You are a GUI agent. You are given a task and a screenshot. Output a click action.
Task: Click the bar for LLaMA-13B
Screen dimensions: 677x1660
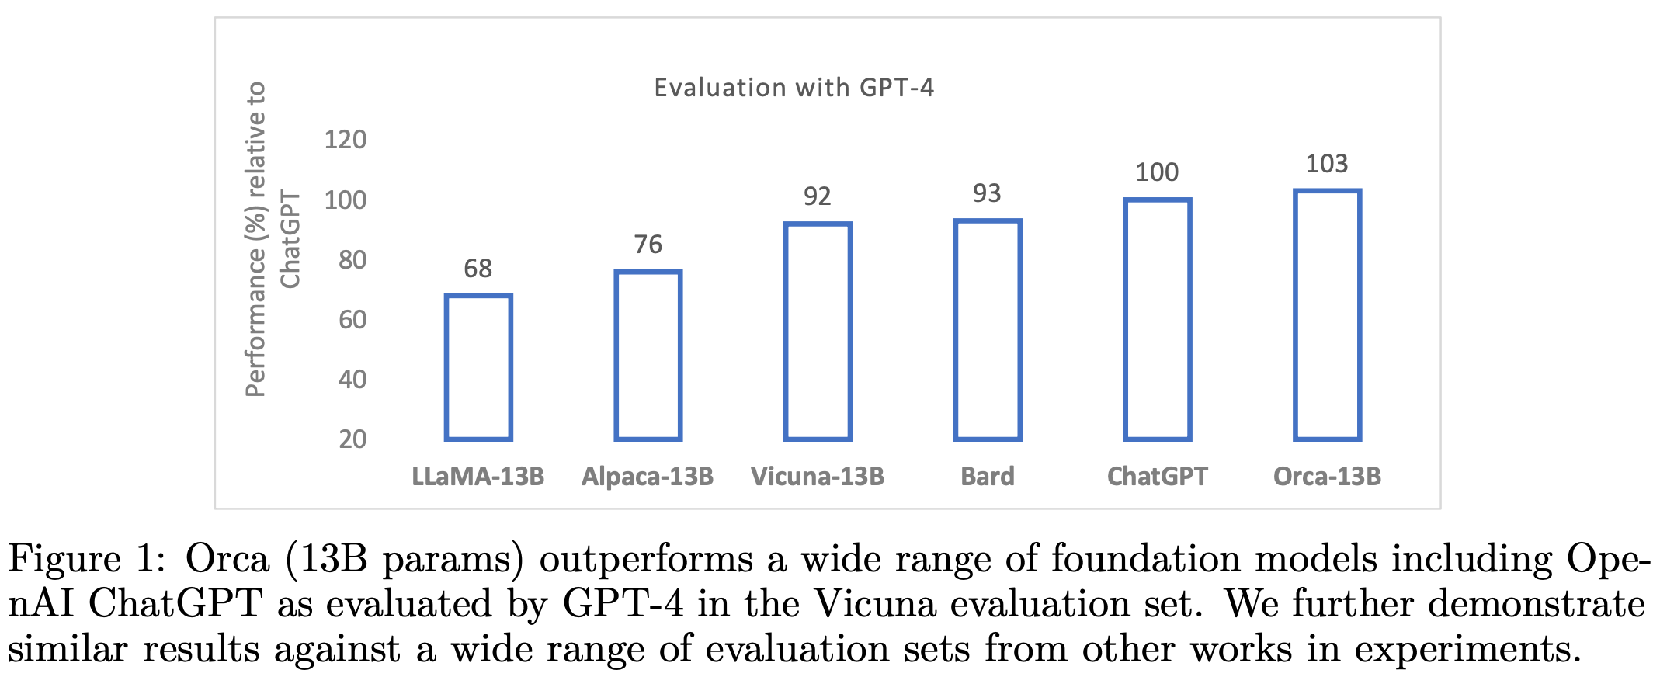(478, 367)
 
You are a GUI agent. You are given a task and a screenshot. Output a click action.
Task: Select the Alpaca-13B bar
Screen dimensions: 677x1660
(648, 356)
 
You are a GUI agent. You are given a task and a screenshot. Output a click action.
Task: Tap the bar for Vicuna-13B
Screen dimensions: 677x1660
(818, 332)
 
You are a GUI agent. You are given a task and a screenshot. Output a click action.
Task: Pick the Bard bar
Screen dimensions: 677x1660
(987, 330)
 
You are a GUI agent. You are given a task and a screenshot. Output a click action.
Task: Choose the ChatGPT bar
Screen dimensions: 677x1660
(1157, 319)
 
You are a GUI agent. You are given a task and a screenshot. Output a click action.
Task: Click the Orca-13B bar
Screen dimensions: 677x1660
(1327, 315)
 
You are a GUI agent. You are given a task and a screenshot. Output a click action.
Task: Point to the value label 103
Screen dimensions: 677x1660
(1327, 164)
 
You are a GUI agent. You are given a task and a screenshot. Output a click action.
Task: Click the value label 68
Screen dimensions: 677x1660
(478, 269)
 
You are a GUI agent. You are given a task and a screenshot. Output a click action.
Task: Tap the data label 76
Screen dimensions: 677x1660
(648, 245)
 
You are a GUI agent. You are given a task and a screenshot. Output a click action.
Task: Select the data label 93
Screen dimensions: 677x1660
(987, 193)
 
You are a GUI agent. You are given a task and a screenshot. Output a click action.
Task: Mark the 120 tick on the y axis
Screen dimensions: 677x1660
(345, 140)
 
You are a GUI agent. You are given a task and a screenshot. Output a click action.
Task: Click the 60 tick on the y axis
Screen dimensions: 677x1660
(352, 319)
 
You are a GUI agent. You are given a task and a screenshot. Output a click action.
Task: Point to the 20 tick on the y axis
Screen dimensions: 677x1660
(352, 439)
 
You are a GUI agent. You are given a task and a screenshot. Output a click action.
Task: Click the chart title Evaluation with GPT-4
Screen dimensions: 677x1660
(794, 88)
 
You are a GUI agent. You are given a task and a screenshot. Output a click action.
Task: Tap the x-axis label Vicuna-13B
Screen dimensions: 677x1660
(818, 476)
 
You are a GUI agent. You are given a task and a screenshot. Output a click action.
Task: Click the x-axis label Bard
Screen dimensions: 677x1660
(987, 476)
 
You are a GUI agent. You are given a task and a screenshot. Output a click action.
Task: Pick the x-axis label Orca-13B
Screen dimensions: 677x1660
(1327, 476)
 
